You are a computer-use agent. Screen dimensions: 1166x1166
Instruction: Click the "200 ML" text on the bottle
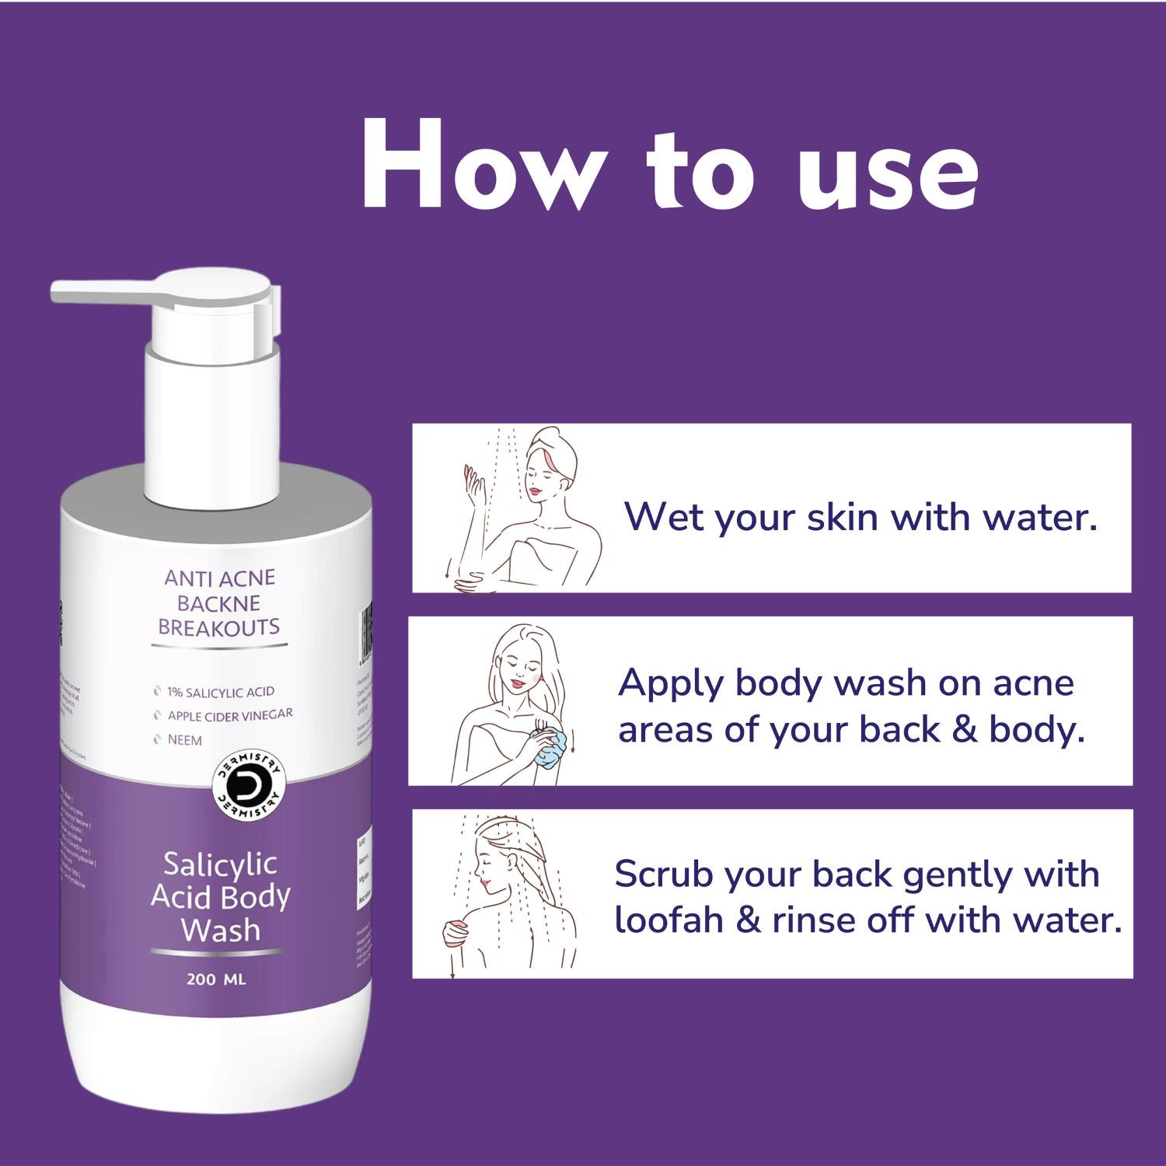(216, 979)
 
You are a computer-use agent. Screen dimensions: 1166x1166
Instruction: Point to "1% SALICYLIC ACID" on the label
(220, 692)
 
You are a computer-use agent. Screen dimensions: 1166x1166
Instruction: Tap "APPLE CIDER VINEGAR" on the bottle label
(229, 715)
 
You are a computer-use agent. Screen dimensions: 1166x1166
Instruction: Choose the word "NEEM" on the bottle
(184, 740)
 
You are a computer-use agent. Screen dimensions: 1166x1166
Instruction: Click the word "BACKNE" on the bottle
(218, 603)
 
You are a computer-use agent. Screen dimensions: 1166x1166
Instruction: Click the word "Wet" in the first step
(665, 517)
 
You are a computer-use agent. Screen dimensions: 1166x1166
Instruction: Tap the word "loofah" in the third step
(669, 920)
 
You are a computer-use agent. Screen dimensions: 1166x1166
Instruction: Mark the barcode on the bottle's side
(365, 634)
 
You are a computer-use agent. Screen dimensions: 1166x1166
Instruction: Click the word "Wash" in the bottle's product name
(220, 930)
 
